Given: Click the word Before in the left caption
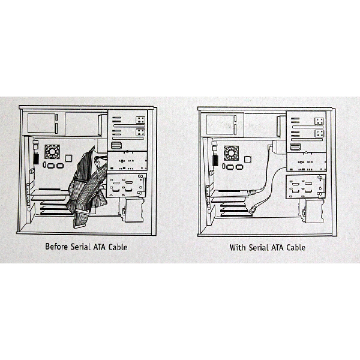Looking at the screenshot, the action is pos(56,247).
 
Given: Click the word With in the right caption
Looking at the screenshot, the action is pos(238,247).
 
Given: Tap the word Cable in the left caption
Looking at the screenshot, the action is pos(118,247).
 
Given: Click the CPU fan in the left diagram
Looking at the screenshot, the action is pos(52,152).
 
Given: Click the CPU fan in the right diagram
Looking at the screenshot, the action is pos(231,153).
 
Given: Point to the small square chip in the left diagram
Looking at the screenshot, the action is pos(68,158).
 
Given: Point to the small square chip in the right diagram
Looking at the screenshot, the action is pos(247,160).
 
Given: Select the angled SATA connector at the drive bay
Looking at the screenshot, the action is pos(271,147).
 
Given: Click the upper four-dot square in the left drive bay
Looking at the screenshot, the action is pos(140,120).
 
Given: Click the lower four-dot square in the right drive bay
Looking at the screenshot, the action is pos(319,133).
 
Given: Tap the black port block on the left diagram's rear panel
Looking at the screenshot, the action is pos(36,159).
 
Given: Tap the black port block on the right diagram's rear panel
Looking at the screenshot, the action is pos(215,160).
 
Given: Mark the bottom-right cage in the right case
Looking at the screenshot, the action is pos(311,211).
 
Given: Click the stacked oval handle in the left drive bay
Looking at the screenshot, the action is pos(116,146).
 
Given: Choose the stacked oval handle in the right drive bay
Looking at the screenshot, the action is pos(295,147).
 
